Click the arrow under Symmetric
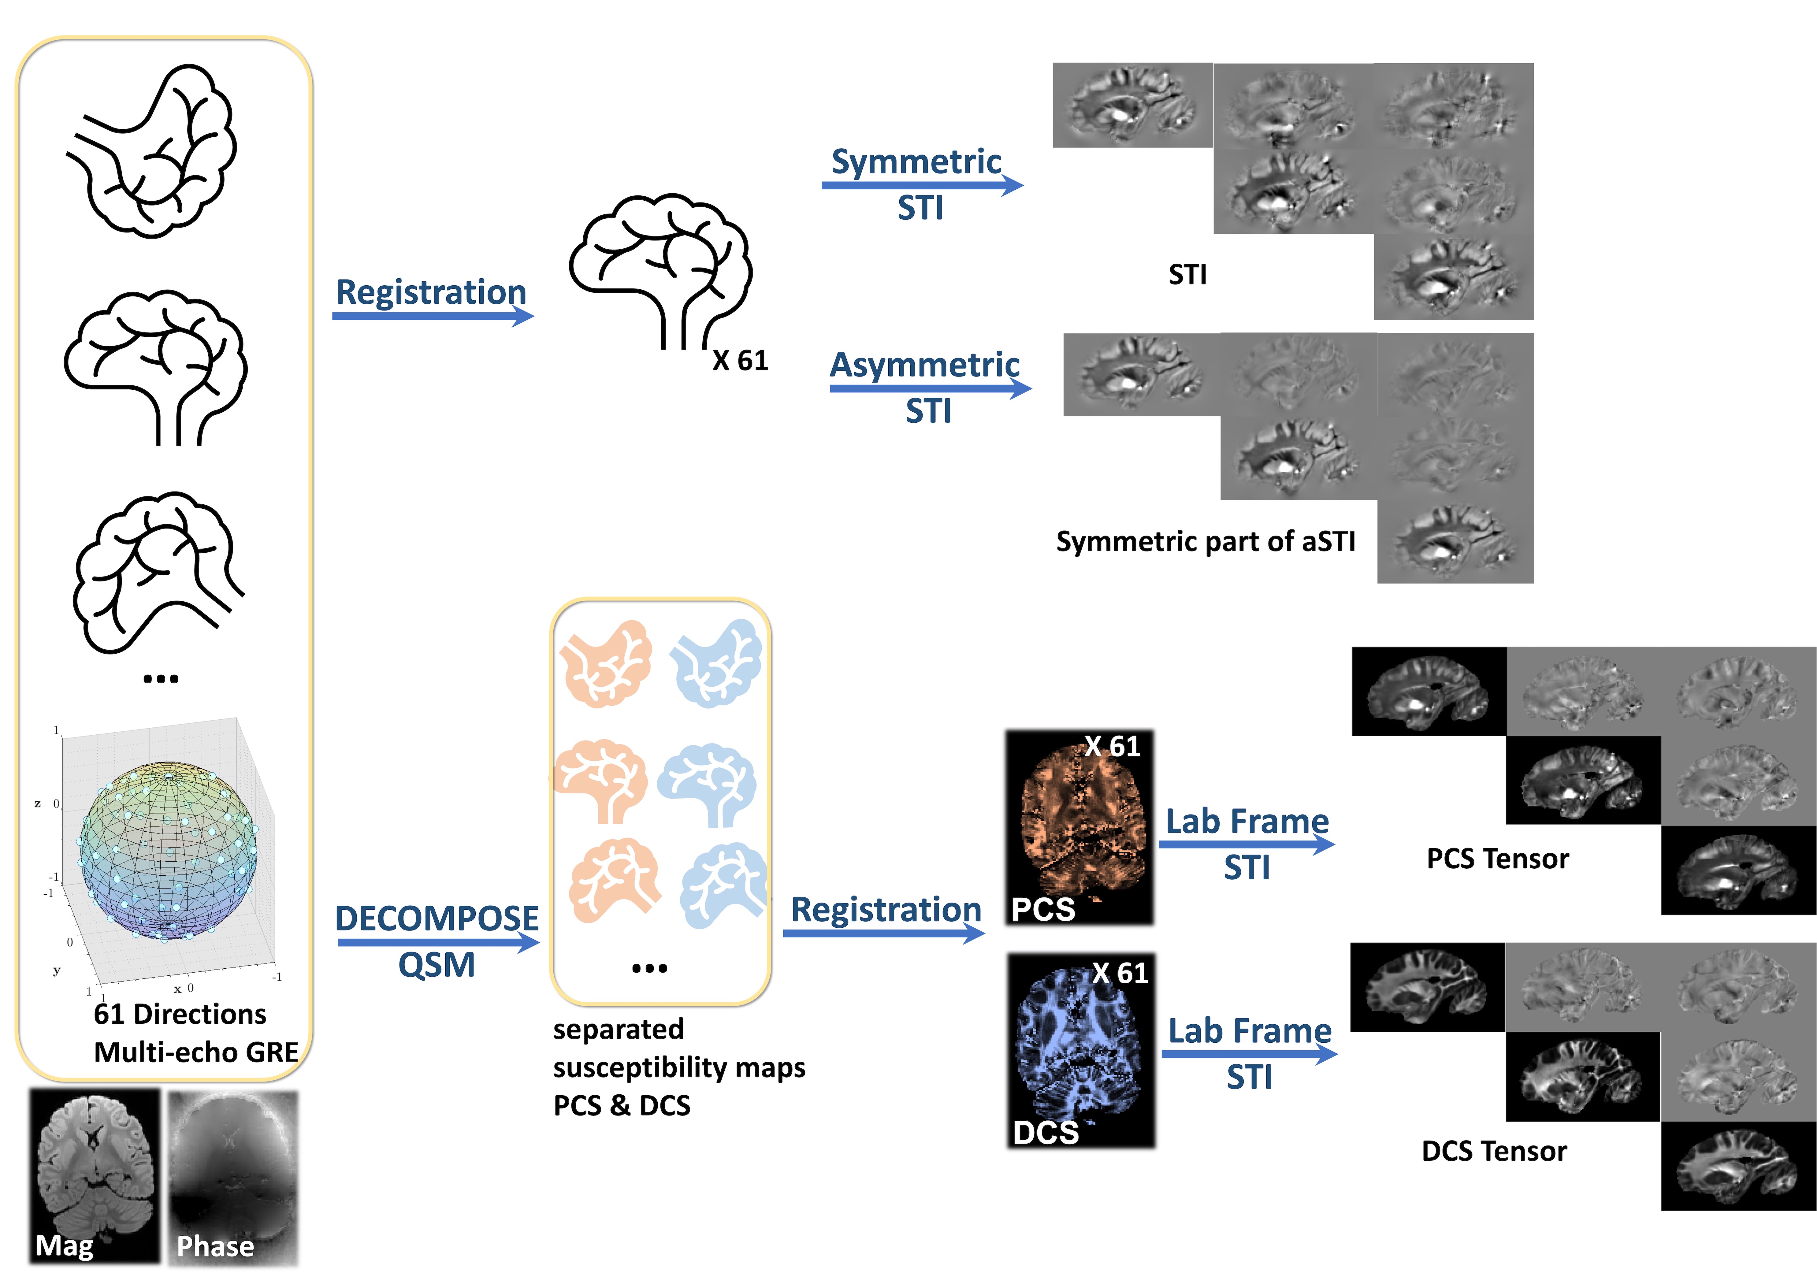coord(922,185)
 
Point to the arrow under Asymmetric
coord(930,388)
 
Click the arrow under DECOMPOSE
coord(438,942)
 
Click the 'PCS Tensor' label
coord(1497,858)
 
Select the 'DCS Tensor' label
coord(1494,1151)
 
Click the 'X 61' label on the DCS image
coord(1120,973)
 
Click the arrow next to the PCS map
coord(1247,844)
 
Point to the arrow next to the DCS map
coord(1249,1054)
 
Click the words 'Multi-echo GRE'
coord(196,1052)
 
